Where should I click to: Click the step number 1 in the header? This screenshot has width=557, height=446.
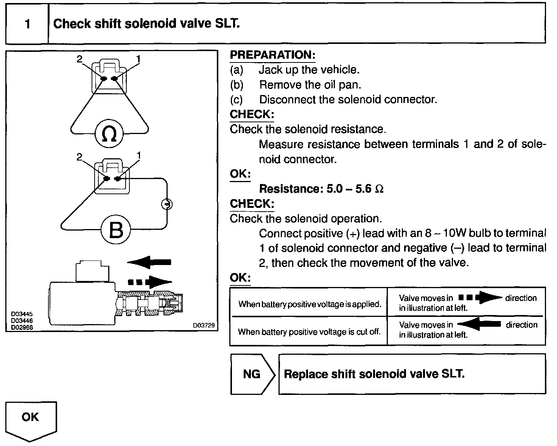click(27, 24)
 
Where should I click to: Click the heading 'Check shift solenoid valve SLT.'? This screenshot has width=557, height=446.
click(146, 24)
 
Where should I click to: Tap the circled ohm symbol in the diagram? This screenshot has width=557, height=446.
click(109, 134)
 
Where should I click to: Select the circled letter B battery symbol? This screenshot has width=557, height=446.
click(116, 229)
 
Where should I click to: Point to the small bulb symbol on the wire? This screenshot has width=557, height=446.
click(166, 204)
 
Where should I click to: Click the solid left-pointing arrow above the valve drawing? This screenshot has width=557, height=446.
click(149, 262)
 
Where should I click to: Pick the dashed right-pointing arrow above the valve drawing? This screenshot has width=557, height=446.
click(150, 282)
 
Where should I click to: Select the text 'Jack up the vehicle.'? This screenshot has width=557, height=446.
click(309, 70)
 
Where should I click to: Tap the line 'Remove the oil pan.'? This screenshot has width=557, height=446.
click(310, 84)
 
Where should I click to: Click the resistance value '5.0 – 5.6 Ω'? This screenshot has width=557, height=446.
click(355, 189)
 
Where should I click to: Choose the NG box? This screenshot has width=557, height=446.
click(252, 374)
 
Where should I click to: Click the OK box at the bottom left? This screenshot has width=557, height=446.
click(30, 417)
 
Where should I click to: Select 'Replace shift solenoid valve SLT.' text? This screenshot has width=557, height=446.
click(374, 374)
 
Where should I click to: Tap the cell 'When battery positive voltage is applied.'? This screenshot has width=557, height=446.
click(310, 304)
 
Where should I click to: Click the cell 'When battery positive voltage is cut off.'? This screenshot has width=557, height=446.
click(309, 332)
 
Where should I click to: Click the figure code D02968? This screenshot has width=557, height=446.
click(22, 327)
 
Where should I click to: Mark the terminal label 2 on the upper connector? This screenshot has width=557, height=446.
click(79, 59)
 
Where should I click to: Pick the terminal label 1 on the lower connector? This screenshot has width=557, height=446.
click(138, 156)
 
